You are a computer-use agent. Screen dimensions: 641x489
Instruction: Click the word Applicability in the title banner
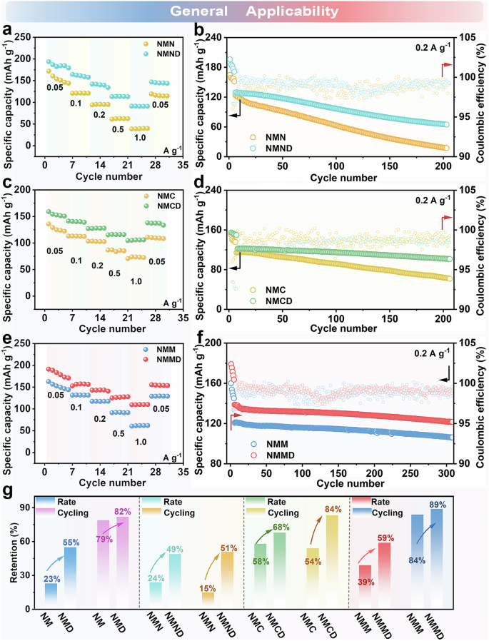293,11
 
